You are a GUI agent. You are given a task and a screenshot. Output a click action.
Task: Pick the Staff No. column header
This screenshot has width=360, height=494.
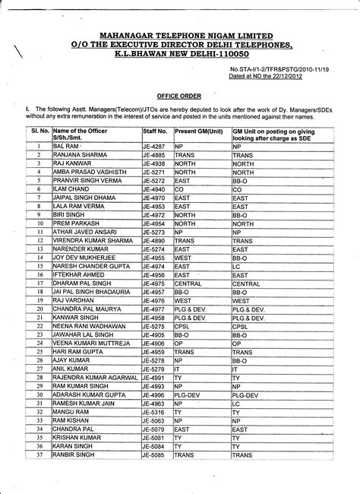155,131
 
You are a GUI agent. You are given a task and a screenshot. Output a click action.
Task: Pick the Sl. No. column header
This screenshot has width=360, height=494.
39,131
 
